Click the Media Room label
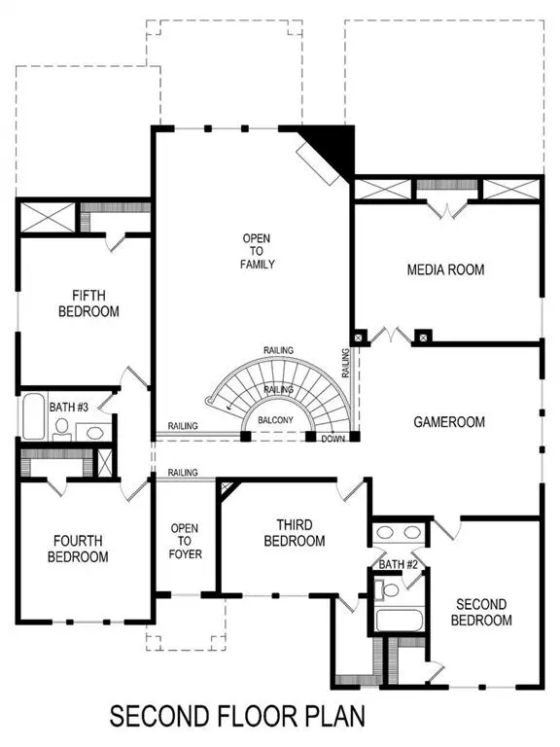pyautogui.click(x=444, y=269)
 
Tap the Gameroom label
pyautogui.click(x=448, y=422)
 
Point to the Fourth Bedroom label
pyautogui.click(x=81, y=549)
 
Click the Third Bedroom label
pyautogui.click(x=293, y=532)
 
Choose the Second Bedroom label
pyautogui.click(x=481, y=612)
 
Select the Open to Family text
pyautogui.click(x=259, y=251)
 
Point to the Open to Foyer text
pyautogui.click(x=185, y=541)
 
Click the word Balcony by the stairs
pyautogui.click(x=276, y=420)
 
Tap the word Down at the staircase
pyautogui.click(x=332, y=439)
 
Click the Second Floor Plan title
pyautogui.click(x=237, y=718)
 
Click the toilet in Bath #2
pyautogui.click(x=390, y=589)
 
